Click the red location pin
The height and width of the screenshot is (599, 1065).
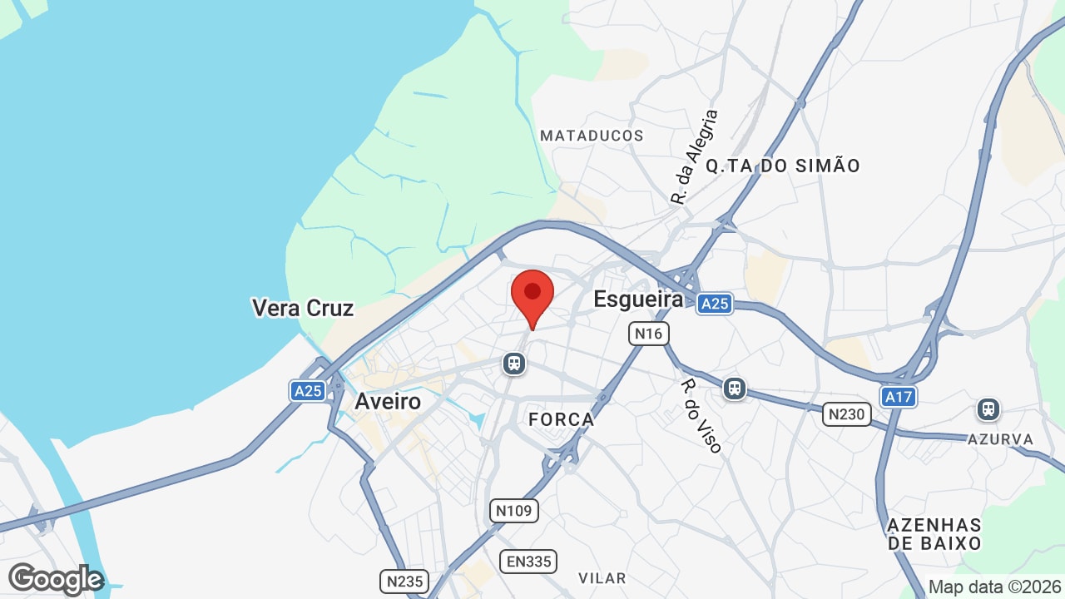(x=532, y=296)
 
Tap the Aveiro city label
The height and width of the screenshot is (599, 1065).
(x=388, y=401)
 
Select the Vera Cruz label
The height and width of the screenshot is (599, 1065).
(x=303, y=308)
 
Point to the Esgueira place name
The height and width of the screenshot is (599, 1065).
(x=638, y=299)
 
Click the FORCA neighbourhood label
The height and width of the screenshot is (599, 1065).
(x=562, y=419)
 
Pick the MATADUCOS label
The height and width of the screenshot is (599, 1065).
(x=592, y=136)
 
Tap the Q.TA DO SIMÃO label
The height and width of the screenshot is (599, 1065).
(x=783, y=166)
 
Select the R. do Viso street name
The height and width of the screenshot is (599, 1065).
(x=701, y=416)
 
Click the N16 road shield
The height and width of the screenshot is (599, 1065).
(x=648, y=334)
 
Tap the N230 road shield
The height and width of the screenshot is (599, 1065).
(x=846, y=413)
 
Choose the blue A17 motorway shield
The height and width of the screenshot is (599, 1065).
(x=899, y=397)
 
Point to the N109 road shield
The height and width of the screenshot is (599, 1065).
(x=513, y=510)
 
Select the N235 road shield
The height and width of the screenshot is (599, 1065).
(x=404, y=581)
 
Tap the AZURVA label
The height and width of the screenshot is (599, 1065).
(x=1000, y=438)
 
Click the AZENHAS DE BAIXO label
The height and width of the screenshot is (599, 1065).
(x=934, y=534)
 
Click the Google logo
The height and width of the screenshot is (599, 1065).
(x=56, y=579)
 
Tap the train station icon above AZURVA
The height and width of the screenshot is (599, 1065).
(x=988, y=409)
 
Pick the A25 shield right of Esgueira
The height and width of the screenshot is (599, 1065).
(x=714, y=304)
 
